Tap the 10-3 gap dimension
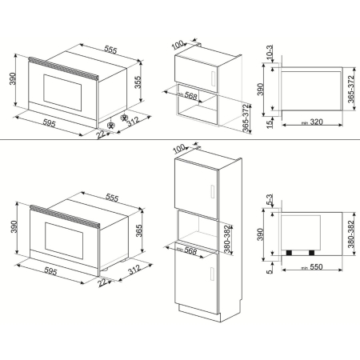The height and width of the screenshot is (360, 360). click(270, 54)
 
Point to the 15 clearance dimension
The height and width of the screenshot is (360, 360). click(270, 122)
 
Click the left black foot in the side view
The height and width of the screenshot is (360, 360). click(287, 252)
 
